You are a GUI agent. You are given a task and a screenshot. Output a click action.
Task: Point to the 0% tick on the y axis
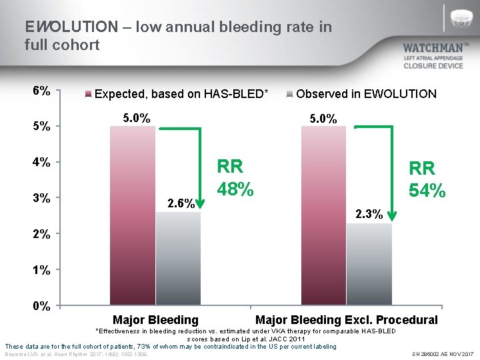click(41, 307)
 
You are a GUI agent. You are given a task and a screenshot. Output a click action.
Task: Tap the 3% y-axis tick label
click(41, 198)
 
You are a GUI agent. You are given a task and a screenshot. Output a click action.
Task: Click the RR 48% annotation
click(235, 178)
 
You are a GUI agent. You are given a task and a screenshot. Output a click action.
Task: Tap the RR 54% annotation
click(427, 179)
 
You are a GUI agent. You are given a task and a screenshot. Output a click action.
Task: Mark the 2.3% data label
click(369, 214)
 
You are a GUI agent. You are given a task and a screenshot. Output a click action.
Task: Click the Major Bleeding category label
click(155, 320)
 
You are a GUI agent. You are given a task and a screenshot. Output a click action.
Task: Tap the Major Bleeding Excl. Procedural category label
click(347, 320)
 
